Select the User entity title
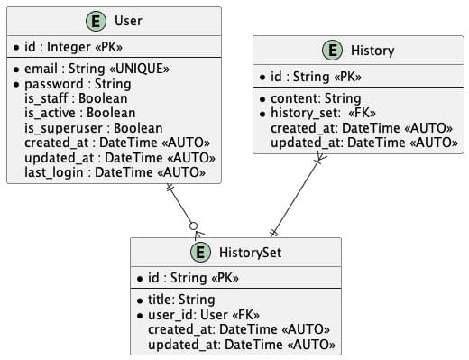(128, 21)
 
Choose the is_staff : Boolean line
(76, 97)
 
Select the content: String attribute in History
(315, 98)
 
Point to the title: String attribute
(181, 300)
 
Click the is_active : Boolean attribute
(80, 113)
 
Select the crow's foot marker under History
(344, 160)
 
